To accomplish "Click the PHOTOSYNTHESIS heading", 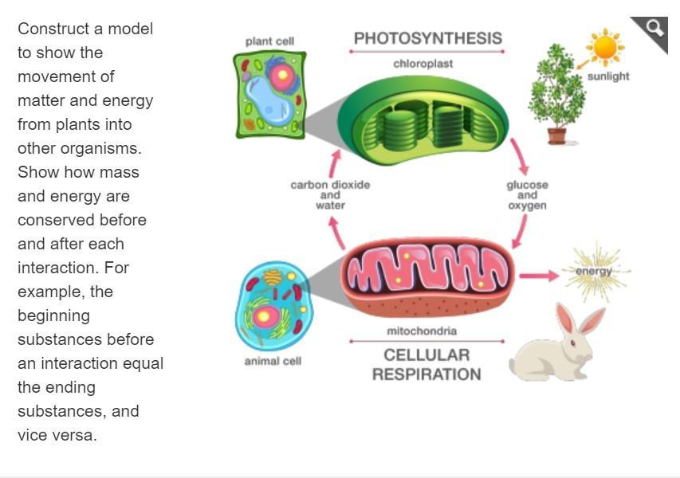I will coord(427,38).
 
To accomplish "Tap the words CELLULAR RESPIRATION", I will coord(426,364).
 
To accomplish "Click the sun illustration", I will coord(605,47).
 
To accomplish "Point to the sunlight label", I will coord(607,76).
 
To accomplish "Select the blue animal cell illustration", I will coord(273,307).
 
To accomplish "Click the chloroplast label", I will coord(423,64).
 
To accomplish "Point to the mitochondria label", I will coord(422,331).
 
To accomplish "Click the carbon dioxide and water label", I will coord(330,194).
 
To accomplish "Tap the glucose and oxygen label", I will coord(527,194).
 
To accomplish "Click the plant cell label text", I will coord(270,41).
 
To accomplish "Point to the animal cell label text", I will coord(273,361).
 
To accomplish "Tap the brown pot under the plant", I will coord(557,135).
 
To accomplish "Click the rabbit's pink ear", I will coord(567,319).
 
